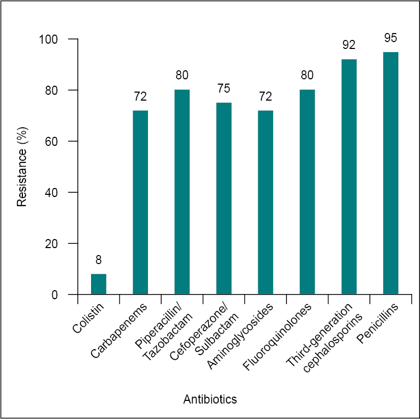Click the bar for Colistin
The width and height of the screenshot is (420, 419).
[x=98, y=284]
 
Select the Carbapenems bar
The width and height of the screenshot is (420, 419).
[x=140, y=202]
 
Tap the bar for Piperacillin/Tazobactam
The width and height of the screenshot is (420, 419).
[x=182, y=192]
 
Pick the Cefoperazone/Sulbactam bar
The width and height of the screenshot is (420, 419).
[x=224, y=198]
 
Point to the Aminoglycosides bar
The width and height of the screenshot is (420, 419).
[x=266, y=202]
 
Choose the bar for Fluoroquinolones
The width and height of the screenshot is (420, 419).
[x=307, y=192]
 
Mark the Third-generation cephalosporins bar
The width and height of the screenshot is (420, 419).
[x=349, y=177]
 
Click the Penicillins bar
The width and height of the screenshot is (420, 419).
[x=391, y=173]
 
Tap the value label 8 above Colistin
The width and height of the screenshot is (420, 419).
[x=98, y=260]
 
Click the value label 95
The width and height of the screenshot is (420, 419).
[x=391, y=38]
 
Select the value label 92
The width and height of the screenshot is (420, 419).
[x=349, y=45]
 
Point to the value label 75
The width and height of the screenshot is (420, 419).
[x=224, y=88]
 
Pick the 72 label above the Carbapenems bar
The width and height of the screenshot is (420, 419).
[x=140, y=96]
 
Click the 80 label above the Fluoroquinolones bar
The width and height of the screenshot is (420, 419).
[x=307, y=75]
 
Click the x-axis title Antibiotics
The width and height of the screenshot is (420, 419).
[x=210, y=399]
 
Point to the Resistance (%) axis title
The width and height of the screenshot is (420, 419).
[x=22, y=167]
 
